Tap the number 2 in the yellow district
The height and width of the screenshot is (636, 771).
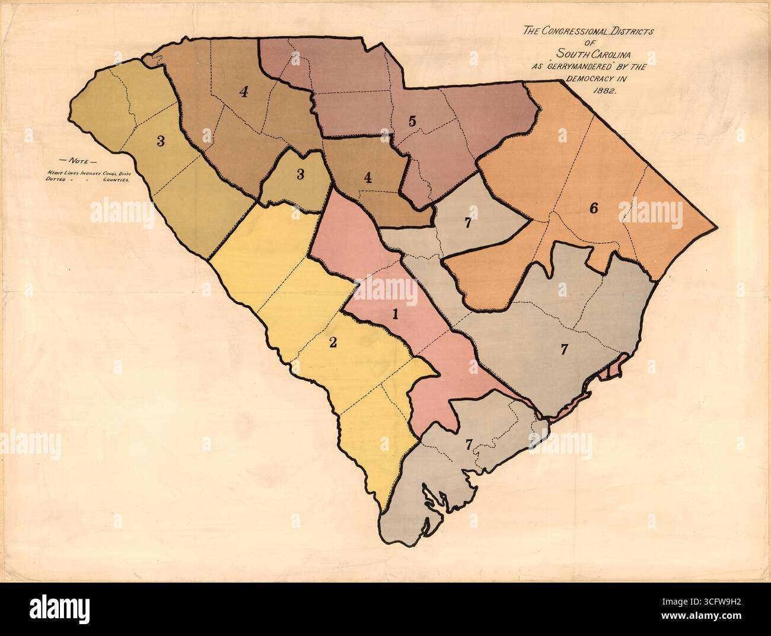click(x=333, y=342)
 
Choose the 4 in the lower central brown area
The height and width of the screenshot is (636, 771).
click(x=368, y=177)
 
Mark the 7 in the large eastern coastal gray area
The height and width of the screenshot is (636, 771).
click(x=565, y=349)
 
